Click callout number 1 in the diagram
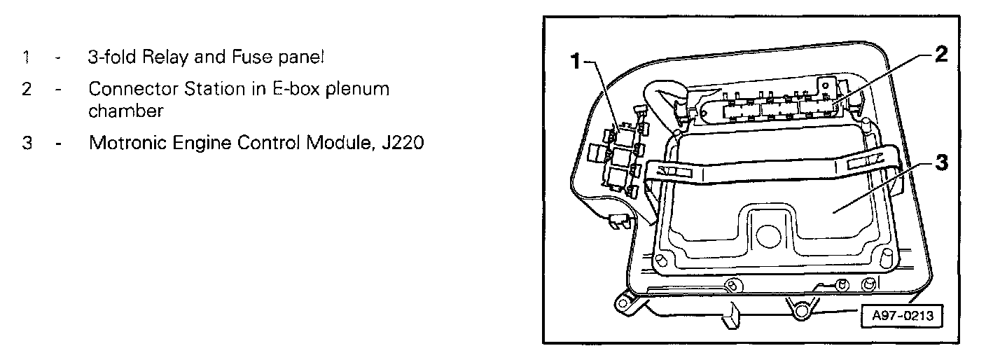(x=576, y=62)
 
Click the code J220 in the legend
(x=401, y=144)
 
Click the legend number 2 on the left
(x=26, y=90)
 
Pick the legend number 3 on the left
(x=26, y=144)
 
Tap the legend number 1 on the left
(x=26, y=57)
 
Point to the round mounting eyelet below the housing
(x=798, y=309)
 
